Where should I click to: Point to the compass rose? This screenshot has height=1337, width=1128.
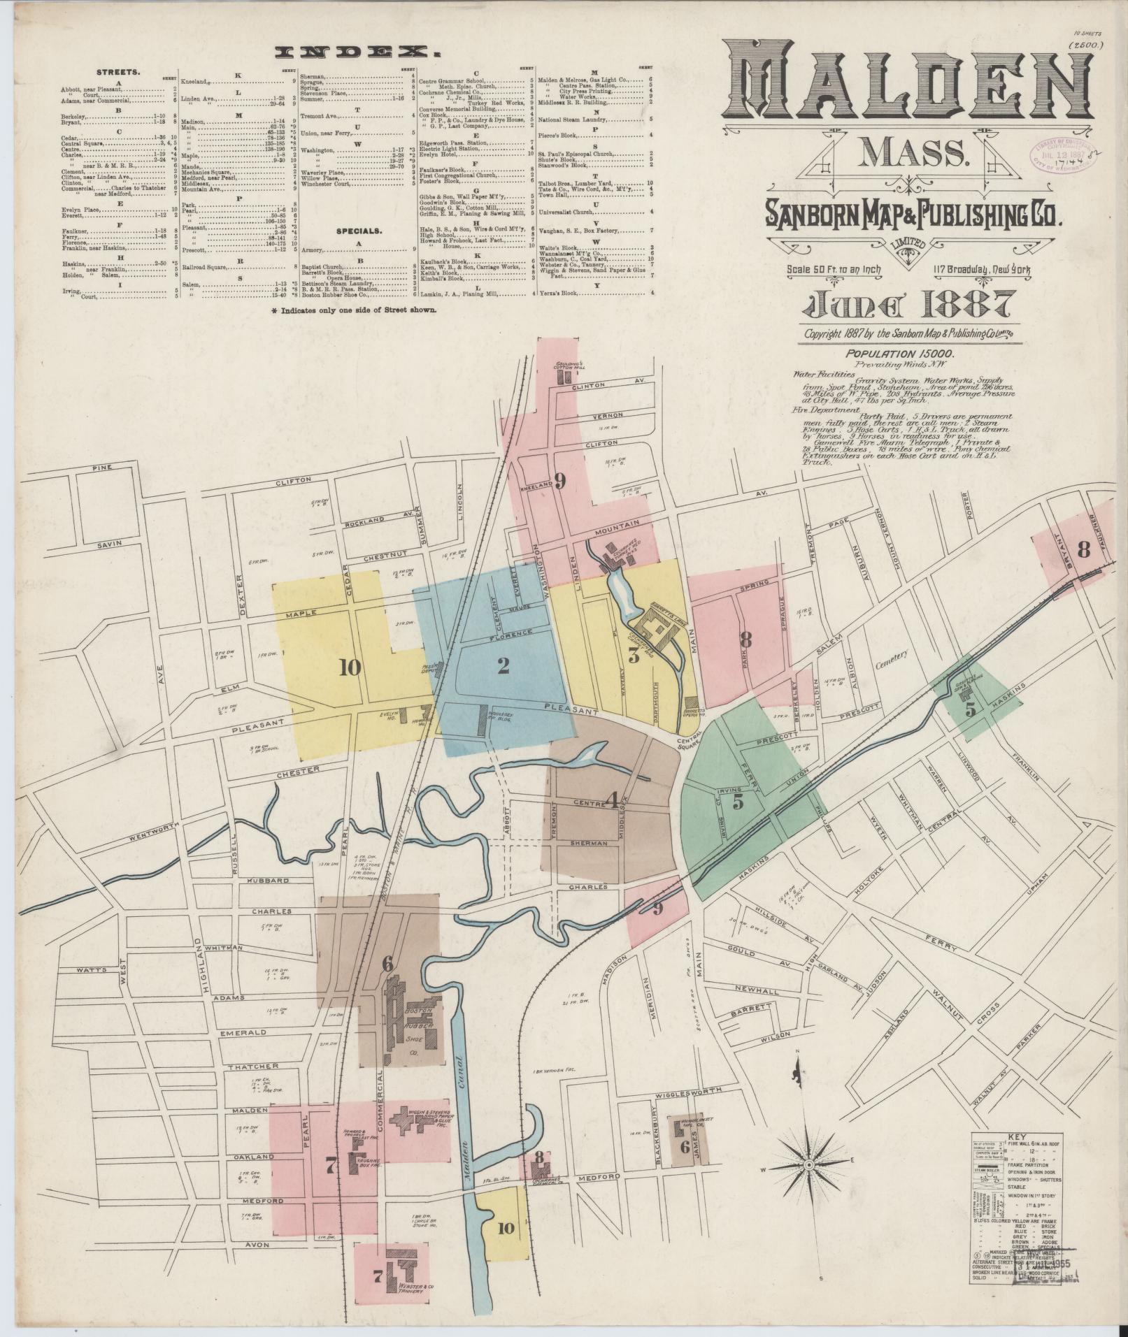point(808,1165)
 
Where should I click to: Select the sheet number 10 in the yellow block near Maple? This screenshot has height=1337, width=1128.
point(350,668)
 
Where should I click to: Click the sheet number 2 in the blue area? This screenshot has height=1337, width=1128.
point(503,665)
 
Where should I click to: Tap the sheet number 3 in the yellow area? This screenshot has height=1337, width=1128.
point(634,656)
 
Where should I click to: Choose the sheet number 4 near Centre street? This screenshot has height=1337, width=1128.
point(614,802)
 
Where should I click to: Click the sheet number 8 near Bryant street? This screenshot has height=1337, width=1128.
point(1083,549)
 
